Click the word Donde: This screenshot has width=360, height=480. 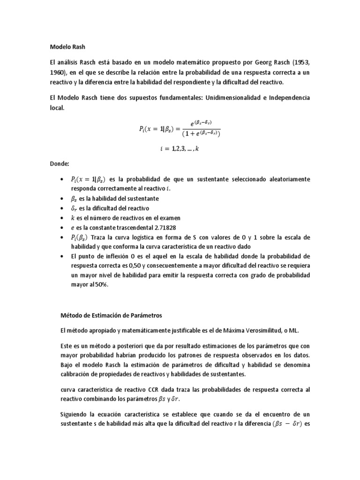click(x=60, y=165)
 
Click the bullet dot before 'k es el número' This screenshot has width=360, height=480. click(x=62, y=218)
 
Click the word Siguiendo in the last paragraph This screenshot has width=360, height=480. click(x=76, y=415)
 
